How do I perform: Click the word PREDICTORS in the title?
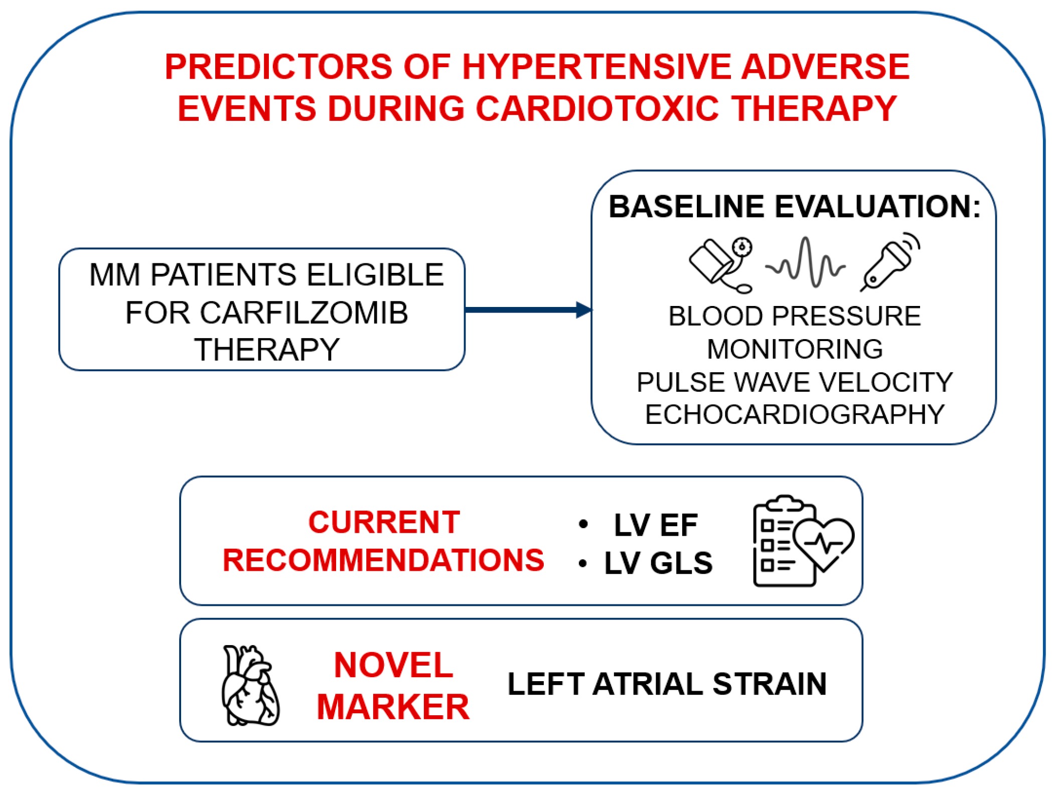[278, 67]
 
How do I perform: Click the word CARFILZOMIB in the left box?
[266, 312]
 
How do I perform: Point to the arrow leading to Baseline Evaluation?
[528, 309]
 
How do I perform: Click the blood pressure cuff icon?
[721, 265]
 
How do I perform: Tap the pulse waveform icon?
[805, 262]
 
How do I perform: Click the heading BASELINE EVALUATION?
[795, 206]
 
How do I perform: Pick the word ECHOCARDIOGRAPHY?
[795, 414]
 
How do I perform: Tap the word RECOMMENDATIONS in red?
[383, 560]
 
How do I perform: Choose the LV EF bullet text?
[656, 525]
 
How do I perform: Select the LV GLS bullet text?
[658, 563]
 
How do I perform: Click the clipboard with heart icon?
[803, 541]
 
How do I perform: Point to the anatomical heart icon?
[250, 685]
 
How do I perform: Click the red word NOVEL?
[393, 665]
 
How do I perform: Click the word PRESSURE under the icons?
[846, 316]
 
